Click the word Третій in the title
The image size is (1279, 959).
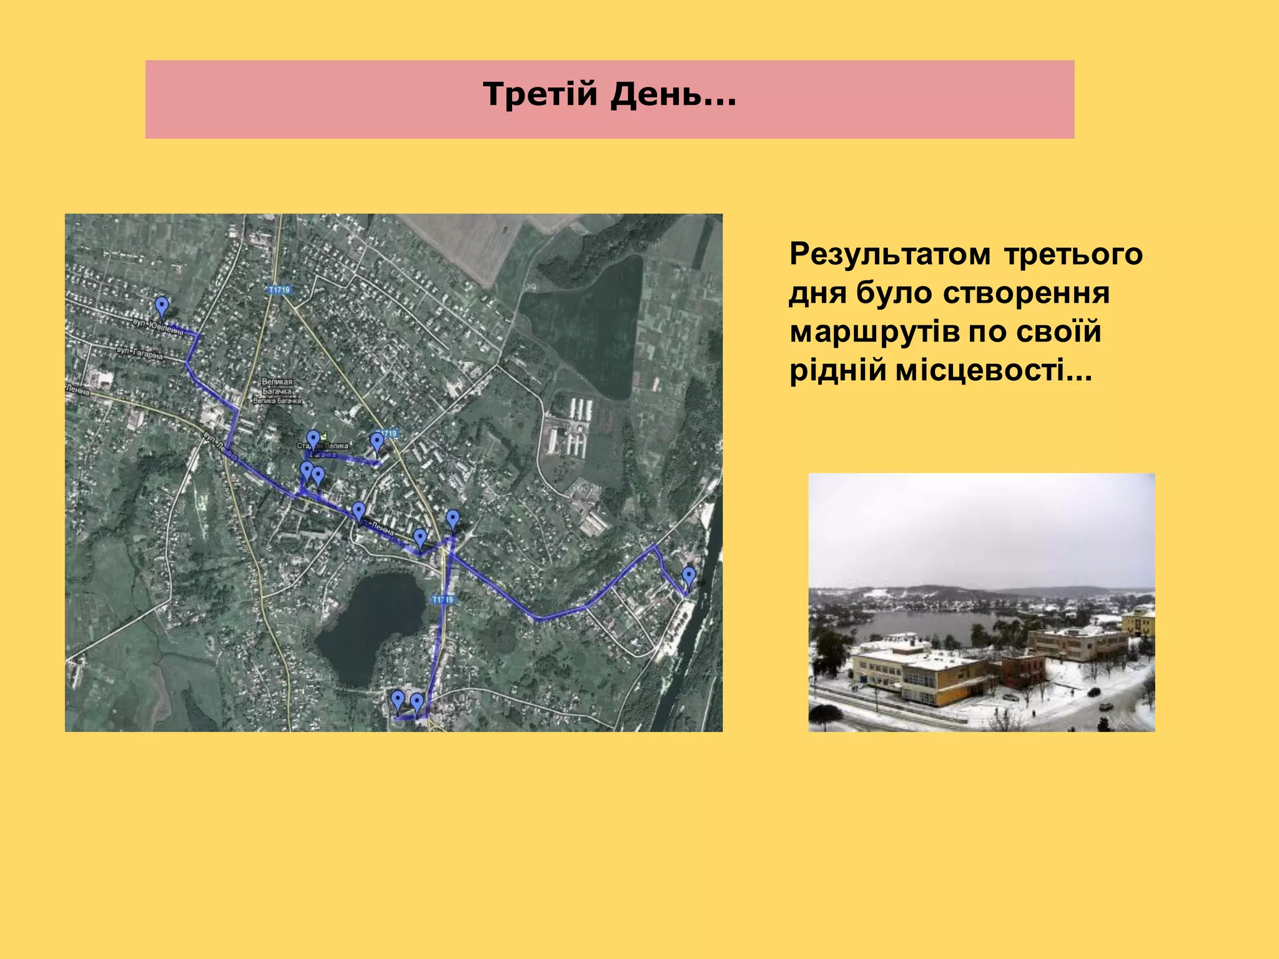point(540,95)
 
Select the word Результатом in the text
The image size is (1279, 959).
point(889,254)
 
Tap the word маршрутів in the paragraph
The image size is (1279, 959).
point(874,332)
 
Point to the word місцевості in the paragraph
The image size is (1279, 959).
point(993,370)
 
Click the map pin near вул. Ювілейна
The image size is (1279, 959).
point(162,307)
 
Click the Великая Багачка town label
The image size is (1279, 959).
point(277,391)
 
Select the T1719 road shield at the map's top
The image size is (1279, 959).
point(280,290)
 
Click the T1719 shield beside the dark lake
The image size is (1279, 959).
point(442,600)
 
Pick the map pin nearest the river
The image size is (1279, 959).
point(689,576)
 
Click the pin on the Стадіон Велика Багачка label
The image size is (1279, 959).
point(313,440)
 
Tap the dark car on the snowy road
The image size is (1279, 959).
point(1105,706)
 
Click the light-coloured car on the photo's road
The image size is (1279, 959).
point(1094,691)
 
